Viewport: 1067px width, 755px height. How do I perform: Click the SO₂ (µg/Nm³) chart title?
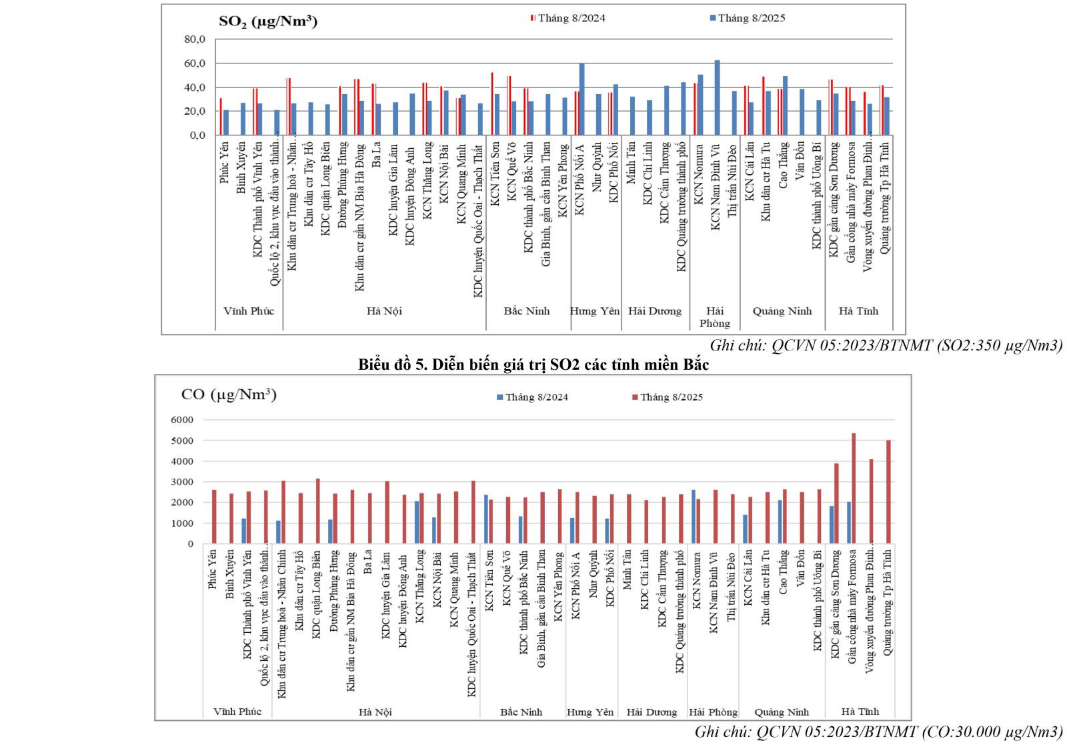click(x=268, y=21)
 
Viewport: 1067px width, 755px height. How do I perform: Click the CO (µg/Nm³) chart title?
click(x=229, y=395)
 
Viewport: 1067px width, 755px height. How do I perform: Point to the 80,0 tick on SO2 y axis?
click(x=195, y=39)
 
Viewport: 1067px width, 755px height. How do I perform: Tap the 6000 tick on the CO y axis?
click(x=182, y=420)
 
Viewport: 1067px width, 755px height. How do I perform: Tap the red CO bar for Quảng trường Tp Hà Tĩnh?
click(x=888, y=491)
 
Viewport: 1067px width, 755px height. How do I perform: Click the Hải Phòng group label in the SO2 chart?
click(x=715, y=317)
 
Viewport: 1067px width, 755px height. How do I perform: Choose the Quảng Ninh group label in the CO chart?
click(x=782, y=712)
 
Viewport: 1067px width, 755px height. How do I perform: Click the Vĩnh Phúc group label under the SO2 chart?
click(x=249, y=311)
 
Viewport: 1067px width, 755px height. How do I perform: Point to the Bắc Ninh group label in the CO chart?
click(x=521, y=712)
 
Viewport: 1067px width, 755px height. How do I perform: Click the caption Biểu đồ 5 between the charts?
click(x=533, y=364)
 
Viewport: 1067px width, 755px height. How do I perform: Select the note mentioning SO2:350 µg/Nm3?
click(x=886, y=345)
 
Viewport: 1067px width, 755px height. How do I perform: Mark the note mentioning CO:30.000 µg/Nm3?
click(x=878, y=732)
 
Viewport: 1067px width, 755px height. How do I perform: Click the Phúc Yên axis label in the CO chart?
click(x=213, y=569)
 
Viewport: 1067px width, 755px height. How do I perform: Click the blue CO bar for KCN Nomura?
click(x=694, y=517)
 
